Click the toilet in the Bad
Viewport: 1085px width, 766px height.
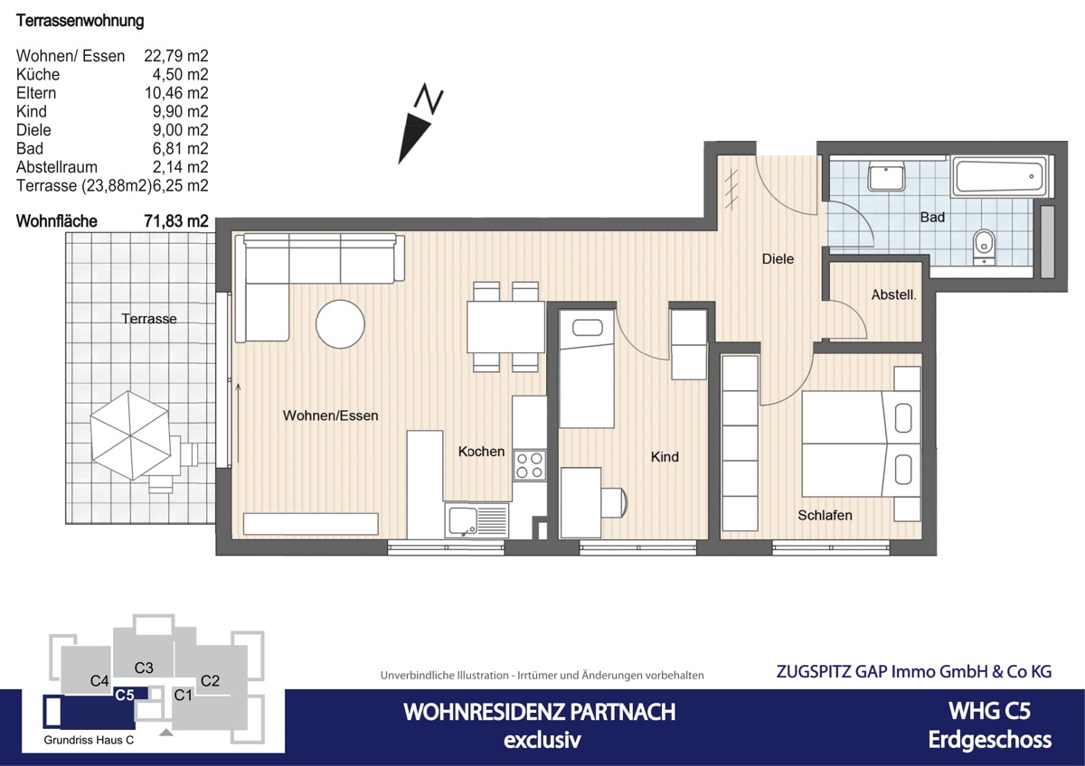tap(984, 244)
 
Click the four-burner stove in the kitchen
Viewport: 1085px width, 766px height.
tap(529, 464)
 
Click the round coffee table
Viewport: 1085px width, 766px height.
tap(341, 323)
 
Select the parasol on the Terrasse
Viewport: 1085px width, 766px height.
tap(130, 433)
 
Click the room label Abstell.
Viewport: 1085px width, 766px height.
tap(894, 294)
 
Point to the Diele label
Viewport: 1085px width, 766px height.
tap(778, 259)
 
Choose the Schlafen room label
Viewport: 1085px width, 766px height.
tap(825, 515)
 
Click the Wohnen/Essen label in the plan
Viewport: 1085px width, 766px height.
tap(330, 416)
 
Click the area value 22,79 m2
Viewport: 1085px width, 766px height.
tap(176, 56)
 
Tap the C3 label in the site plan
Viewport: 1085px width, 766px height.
tap(144, 668)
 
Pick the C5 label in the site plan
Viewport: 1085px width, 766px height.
tap(125, 695)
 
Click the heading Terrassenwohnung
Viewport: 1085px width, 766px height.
tap(80, 21)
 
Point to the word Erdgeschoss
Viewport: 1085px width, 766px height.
tap(989, 740)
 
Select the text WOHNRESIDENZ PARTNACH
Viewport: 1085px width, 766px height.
tap(539, 712)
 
